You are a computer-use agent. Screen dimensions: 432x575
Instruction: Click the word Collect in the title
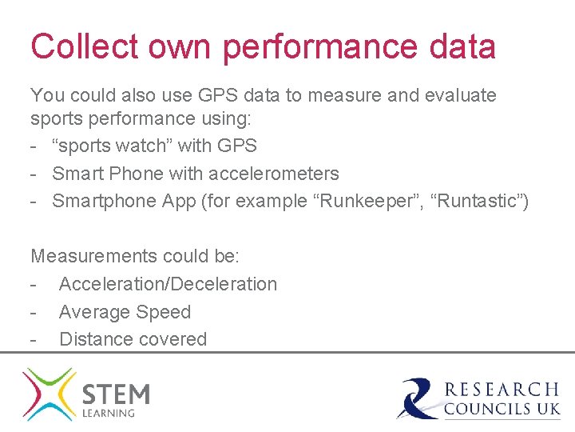72,46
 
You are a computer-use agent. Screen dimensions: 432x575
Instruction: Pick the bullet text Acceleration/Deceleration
168,284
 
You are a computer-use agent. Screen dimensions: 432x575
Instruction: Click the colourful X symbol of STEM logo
49,394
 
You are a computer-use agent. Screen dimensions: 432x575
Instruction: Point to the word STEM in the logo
116,394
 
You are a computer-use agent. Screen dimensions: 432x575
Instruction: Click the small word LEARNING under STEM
109,413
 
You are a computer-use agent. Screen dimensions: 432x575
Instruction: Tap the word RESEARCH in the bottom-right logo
502,390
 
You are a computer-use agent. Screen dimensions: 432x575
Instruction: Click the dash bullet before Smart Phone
35,174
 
